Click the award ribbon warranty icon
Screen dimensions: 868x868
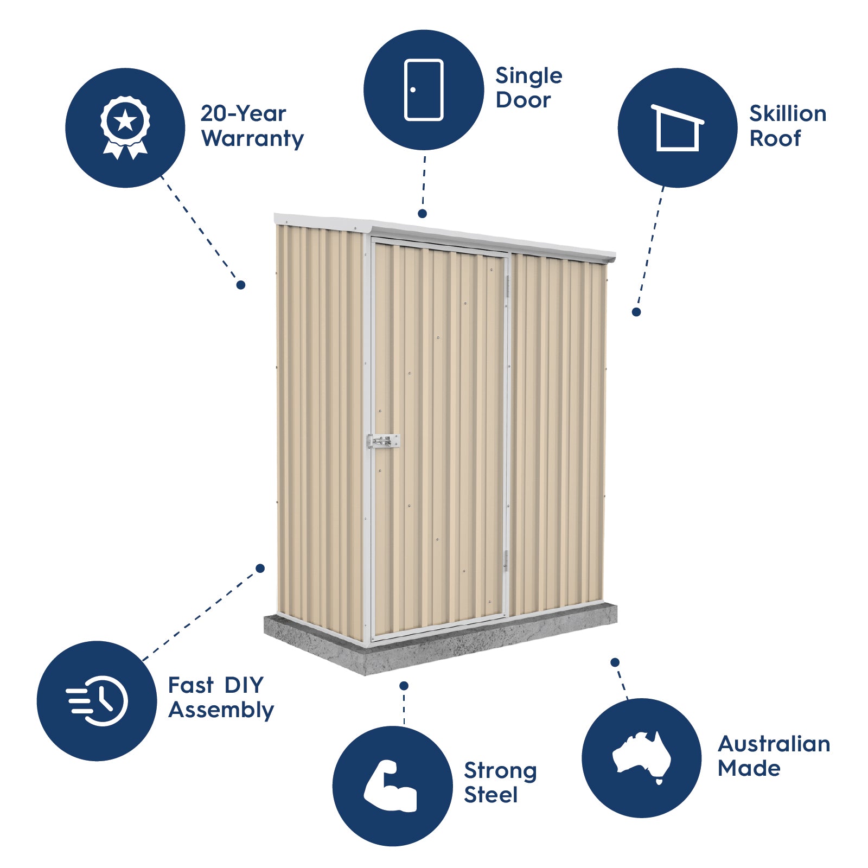pos(125,127)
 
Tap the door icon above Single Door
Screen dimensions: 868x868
pos(424,90)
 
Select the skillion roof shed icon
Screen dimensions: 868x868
pos(678,128)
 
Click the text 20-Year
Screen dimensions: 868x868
pos(243,113)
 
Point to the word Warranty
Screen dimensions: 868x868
pos(252,139)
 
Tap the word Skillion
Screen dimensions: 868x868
pos(788,114)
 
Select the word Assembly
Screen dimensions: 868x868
pos(221,710)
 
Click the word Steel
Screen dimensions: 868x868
pos(491,795)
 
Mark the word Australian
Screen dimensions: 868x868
pos(774,744)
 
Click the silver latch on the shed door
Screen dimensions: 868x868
pos(384,441)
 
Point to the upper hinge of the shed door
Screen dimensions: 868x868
pos(508,286)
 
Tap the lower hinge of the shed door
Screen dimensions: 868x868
pos(506,560)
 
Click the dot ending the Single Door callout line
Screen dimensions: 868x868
pos(423,214)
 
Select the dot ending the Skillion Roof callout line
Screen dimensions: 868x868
pos(636,312)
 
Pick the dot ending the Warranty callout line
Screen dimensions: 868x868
pos(241,285)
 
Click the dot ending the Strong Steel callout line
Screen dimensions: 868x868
pos(404,686)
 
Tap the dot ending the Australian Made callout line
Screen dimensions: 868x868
pos(615,662)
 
